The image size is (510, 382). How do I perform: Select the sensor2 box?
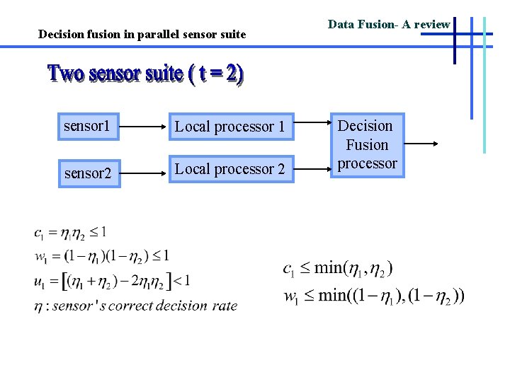(x=88, y=173)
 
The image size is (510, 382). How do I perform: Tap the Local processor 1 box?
(x=229, y=127)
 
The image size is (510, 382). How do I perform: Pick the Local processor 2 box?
(x=229, y=169)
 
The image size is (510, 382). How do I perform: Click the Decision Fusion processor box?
(x=367, y=145)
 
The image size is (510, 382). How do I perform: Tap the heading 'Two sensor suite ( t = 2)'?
(x=145, y=74)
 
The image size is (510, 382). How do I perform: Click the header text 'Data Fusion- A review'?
(x=389, y=24)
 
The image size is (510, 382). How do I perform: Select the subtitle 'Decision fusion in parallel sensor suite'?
(x=142, y=34)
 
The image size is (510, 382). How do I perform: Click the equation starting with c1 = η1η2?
(x=70, y=231)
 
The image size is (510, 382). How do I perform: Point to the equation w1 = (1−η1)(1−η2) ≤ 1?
(x=101, y=255)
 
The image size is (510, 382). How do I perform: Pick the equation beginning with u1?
(x=112, y=281)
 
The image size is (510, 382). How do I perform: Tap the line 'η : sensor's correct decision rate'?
(x=135, y=306)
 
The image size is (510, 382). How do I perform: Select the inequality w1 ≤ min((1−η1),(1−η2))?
(x=374, y=295)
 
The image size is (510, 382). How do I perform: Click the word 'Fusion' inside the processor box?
(x=367, y=145)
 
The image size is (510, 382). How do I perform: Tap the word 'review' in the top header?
(x=432, y=24)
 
